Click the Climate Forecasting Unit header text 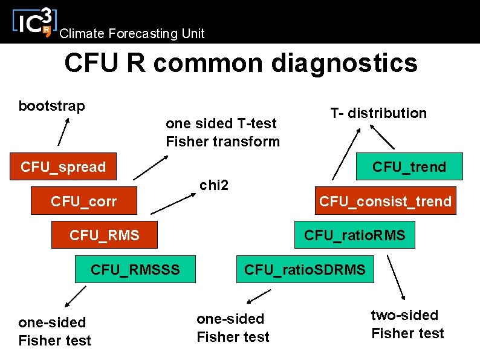[x=132, y=34]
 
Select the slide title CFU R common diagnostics [x=241, y=62]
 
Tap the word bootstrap [x=51, y=106]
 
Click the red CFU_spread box [x=63, y=166]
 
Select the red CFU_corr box [x=84, y=201]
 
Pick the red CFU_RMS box [x=104, y=235]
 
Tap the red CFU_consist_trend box [x=385, y=201]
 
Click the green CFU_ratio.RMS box [x=354, y=235]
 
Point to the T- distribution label [x=378, y=113]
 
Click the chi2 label [x=214, y=185]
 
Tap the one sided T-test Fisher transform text [x=222, y=133]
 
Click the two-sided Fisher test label [x=407, y=324]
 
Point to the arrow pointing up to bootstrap [x=63, y=132]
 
